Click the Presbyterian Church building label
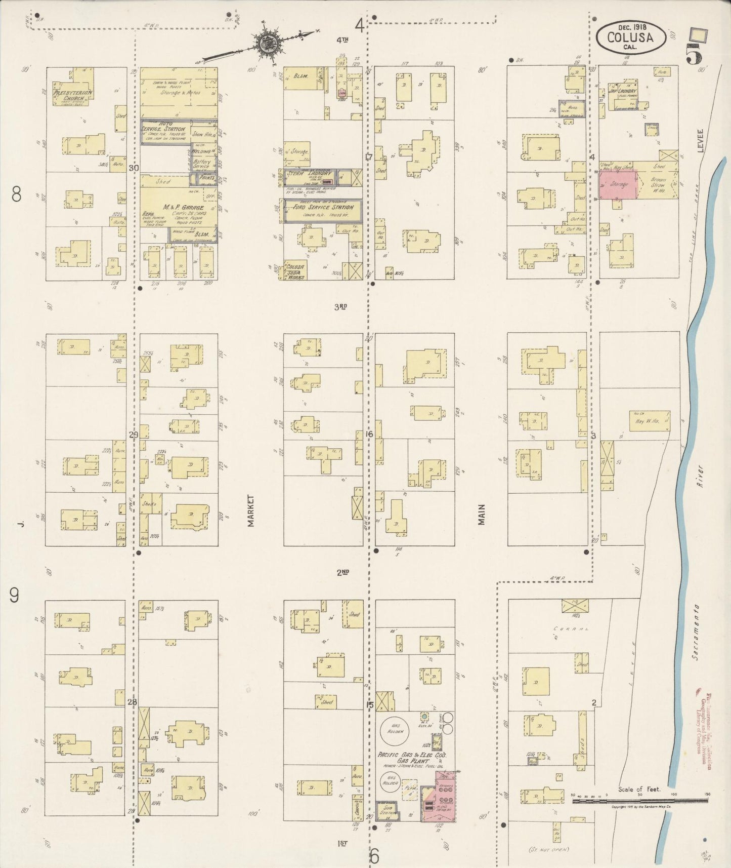(70, 96)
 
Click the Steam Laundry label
(310, 174)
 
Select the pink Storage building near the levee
(618, 184)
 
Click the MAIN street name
(482, 514)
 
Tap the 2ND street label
(342, 573)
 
